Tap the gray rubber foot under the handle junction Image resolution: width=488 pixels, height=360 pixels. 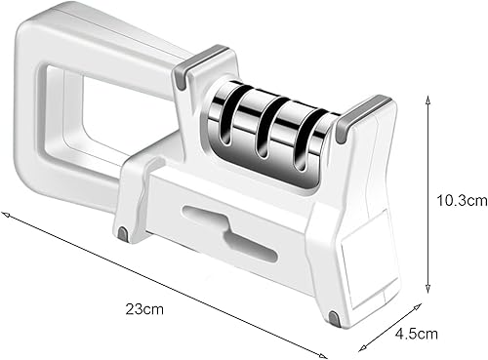click(123, 234)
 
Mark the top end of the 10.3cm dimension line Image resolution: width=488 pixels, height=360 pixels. click(428, 97)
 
